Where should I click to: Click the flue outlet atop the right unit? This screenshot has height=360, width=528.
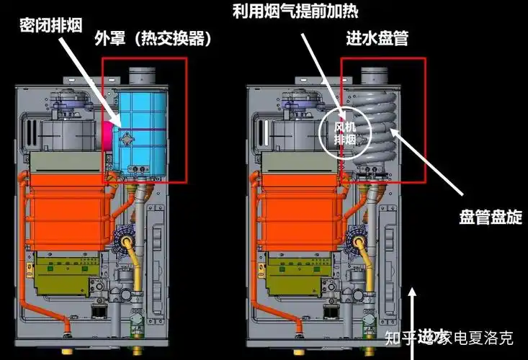coord(375,74)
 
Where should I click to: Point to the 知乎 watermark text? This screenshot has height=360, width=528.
coord(401,336)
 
